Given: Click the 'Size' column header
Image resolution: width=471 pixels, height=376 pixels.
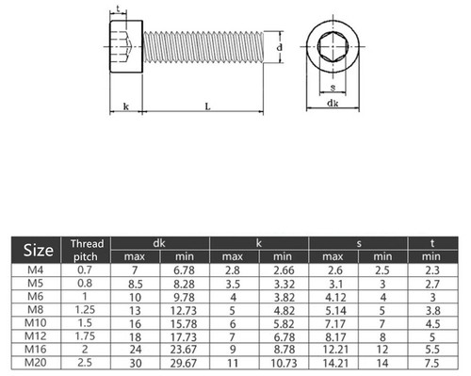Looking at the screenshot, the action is click(38, 251).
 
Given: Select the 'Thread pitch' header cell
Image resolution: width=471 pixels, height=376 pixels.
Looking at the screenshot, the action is click(87, 250).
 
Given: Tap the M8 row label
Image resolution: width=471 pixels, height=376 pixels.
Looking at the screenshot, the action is click(36, 310).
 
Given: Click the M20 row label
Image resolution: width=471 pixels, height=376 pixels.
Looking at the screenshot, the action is click(36, 363).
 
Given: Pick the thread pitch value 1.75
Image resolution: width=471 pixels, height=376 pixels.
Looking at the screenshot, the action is click(85, 336).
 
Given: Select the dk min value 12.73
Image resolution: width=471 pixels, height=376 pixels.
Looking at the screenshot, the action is click(184, 311).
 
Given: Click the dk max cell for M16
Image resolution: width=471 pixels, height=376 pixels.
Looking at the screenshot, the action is click(135, 350).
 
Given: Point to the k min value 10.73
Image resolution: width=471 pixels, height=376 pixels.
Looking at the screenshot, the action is click(284, 363).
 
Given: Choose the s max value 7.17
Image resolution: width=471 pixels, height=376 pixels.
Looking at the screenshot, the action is click(335, 323).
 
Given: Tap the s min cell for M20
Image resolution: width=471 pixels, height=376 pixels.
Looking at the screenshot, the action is click(382, 363).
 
